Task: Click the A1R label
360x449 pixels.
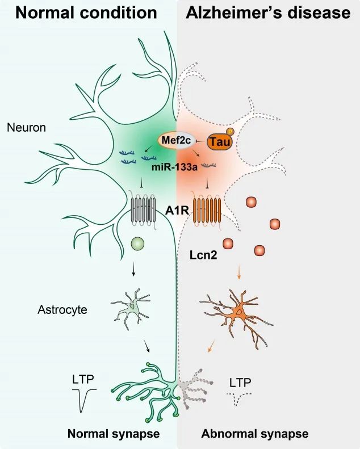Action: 176,211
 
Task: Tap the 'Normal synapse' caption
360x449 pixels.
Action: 114,434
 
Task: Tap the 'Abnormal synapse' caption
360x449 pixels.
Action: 254,434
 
